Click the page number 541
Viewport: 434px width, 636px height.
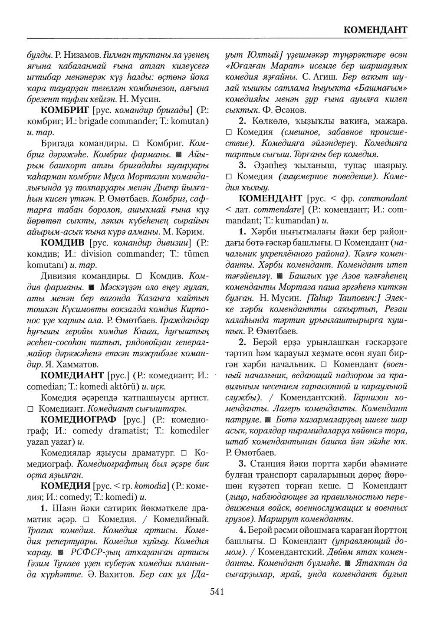tap(216, 592)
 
